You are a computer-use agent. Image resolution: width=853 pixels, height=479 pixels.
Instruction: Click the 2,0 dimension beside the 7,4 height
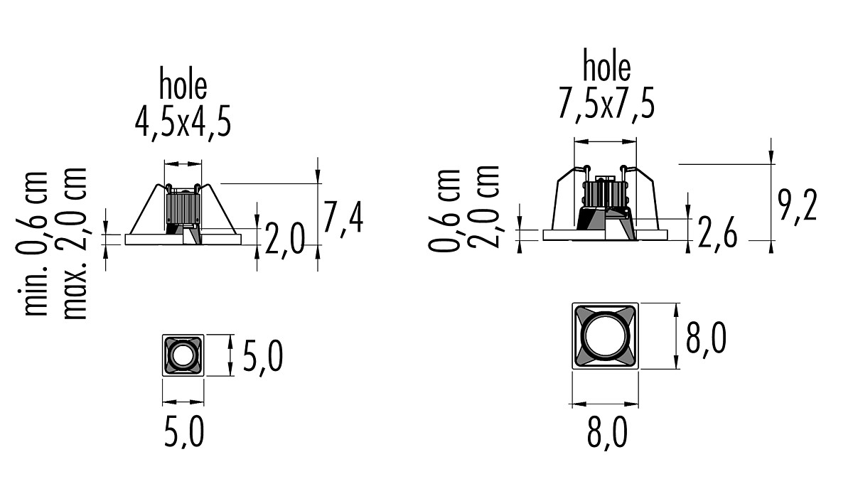(285, 240)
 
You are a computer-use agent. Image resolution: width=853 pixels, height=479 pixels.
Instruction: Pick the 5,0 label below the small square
(184, 432)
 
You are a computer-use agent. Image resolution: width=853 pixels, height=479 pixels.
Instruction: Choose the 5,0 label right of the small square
(263, 357)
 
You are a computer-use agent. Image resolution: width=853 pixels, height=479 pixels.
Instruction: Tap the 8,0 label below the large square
(607, 433)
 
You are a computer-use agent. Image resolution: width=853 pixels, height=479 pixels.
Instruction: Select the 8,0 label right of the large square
(706, 339)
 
